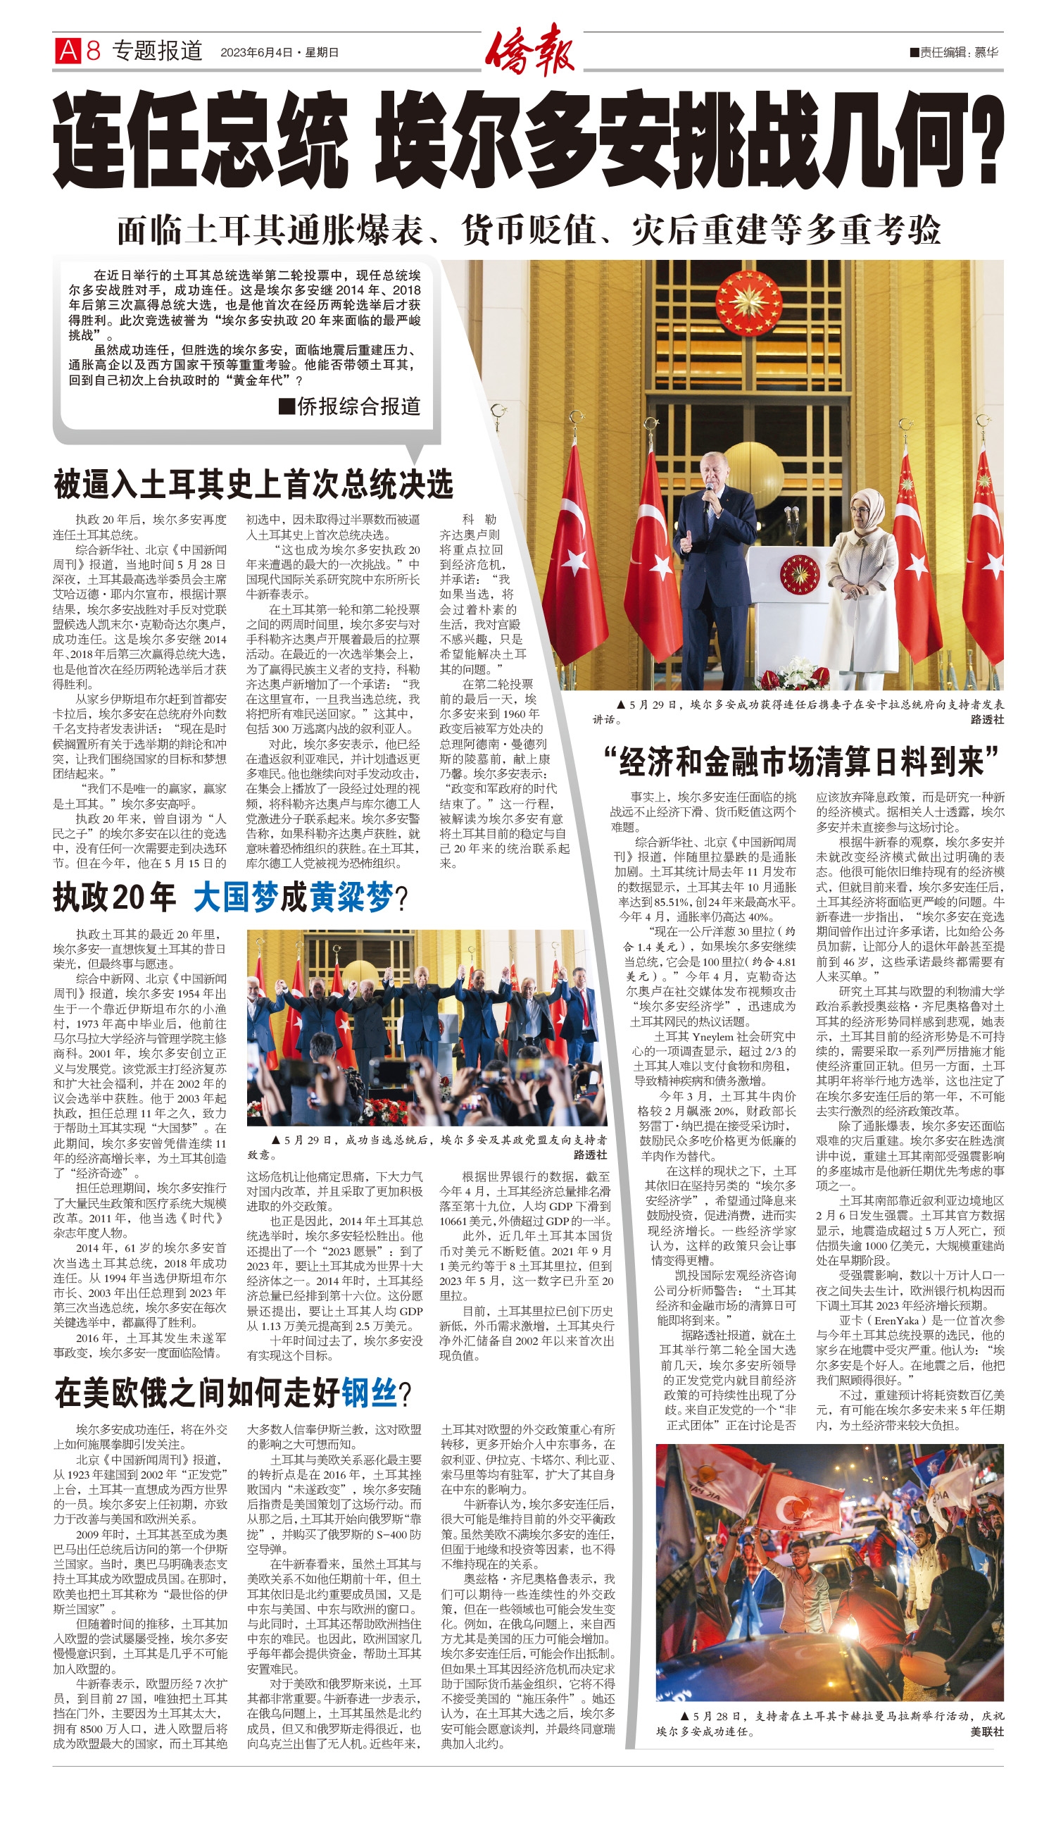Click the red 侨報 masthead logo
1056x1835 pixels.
(x=529, y=50)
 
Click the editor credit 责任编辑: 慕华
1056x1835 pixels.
(x=955, y=52)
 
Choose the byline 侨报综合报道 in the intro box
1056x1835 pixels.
(x=351, y=406)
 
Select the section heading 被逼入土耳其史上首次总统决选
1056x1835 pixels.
(x=253, y=484)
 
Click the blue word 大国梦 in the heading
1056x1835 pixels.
(x=236, y=897)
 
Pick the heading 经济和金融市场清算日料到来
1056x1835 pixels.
(x=800, y=761)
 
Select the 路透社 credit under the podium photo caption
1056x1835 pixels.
(x=986, y=719)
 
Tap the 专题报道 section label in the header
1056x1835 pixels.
(x=157, y=51)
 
